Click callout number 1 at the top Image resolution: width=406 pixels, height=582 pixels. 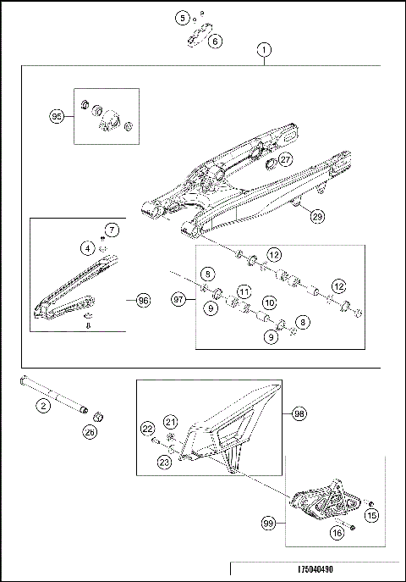coord(266,51)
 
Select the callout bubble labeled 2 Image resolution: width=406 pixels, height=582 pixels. coord(41,407)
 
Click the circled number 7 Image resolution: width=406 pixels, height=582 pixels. coord(112,230)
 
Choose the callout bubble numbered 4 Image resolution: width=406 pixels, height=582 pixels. coord(88,247)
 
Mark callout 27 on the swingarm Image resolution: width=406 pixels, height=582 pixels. coord(285,158)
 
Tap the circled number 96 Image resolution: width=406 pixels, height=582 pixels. coord(143,300)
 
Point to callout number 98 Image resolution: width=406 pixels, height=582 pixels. coord(299,414)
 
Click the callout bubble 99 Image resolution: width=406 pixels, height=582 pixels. coord(269,526)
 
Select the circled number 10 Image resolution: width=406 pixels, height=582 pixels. coord(269,302)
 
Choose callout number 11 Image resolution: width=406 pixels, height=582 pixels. coord(244,291)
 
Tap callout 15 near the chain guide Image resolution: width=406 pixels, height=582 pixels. coord(370,515)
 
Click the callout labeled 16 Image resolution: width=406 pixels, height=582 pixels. coord(337,533)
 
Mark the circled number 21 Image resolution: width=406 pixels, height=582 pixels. coord(170,422)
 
